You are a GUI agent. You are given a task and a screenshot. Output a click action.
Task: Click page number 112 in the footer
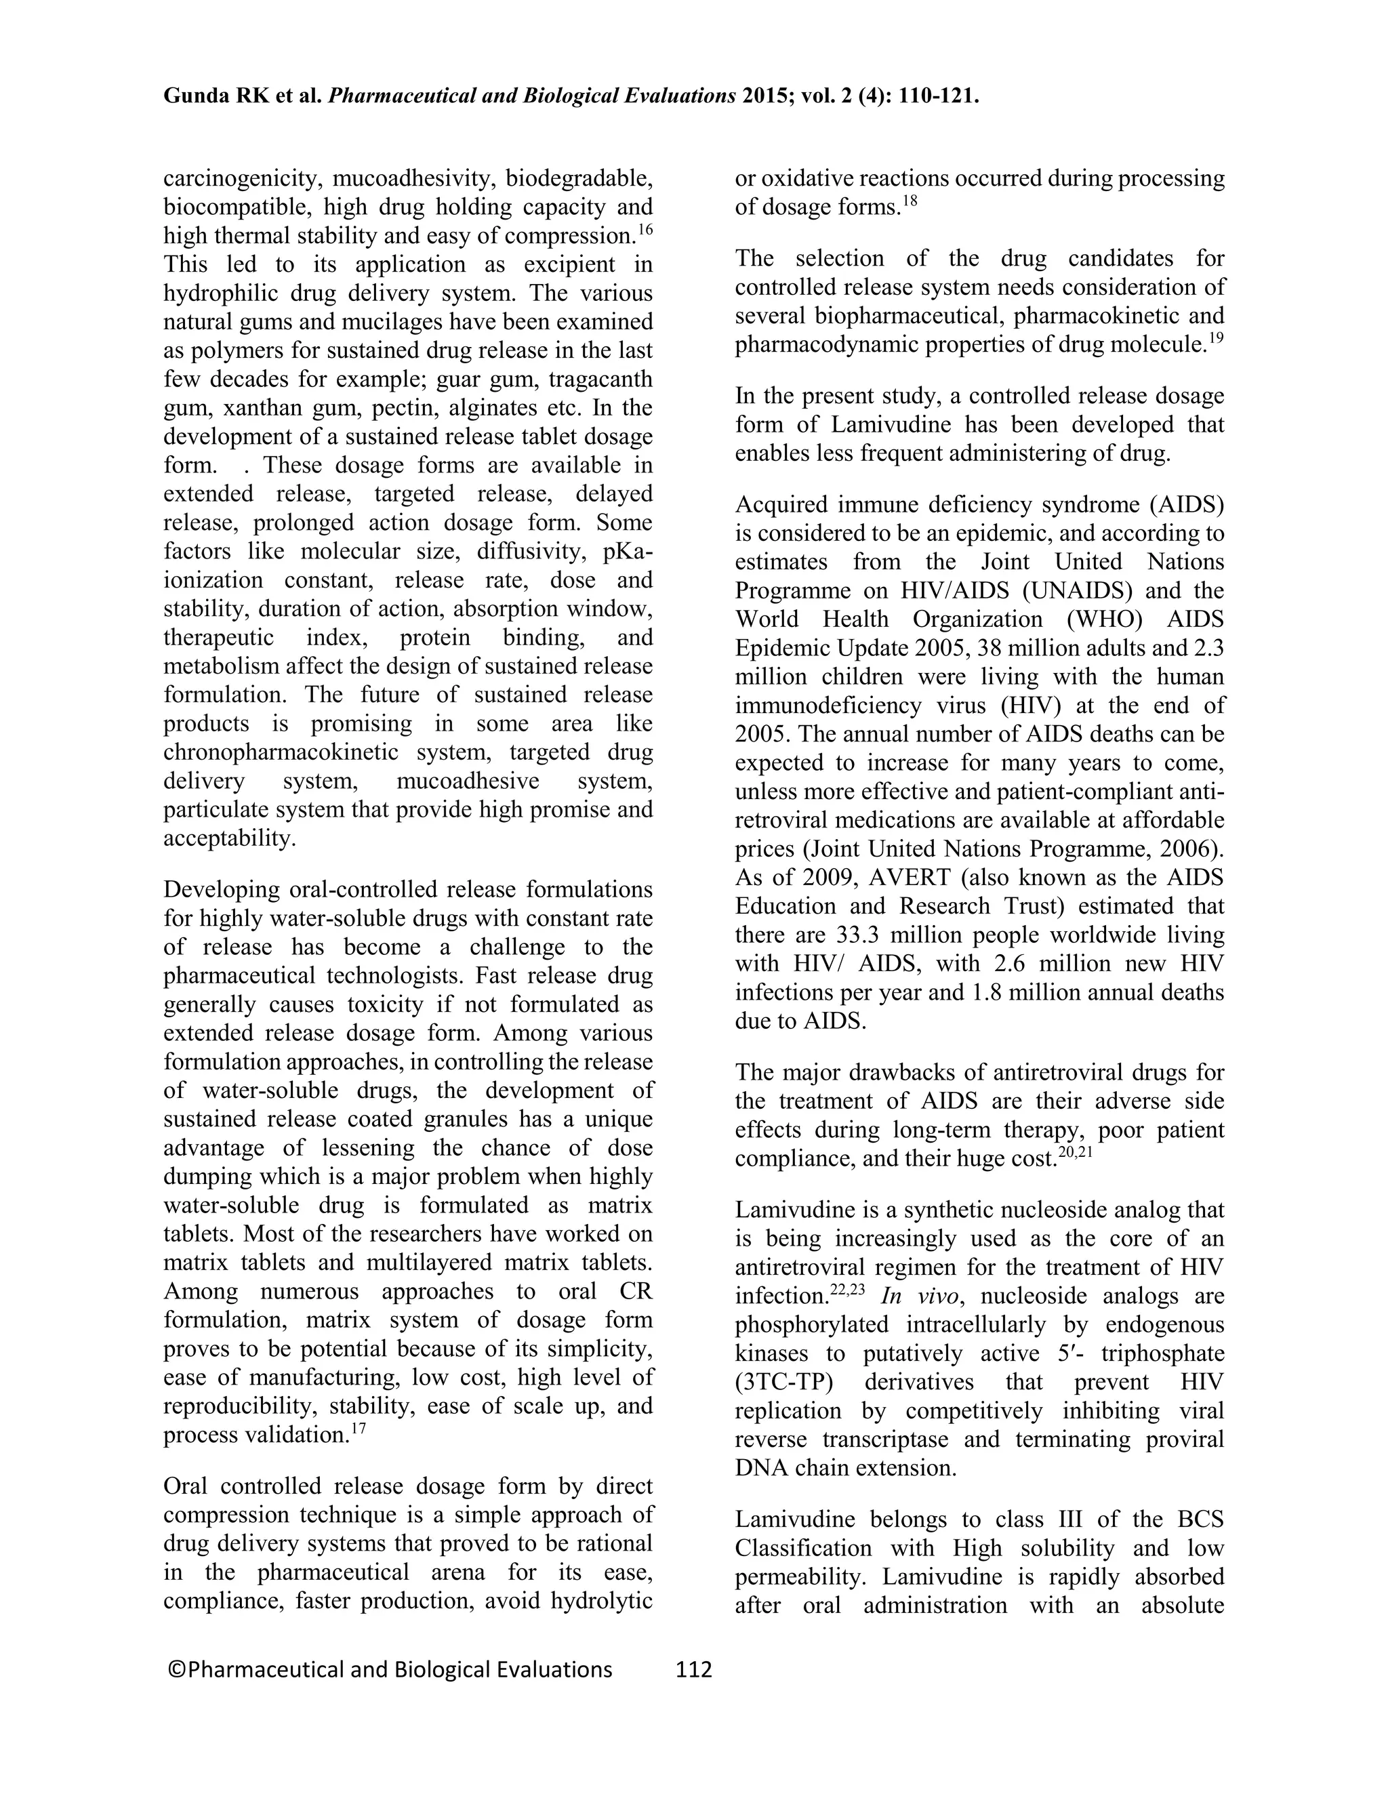click(x=693, y=1669)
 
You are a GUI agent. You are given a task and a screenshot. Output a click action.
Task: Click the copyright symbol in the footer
click(x=175, y=1669)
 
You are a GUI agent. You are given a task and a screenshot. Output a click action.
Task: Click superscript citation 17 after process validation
click(x=358, y=1429)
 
